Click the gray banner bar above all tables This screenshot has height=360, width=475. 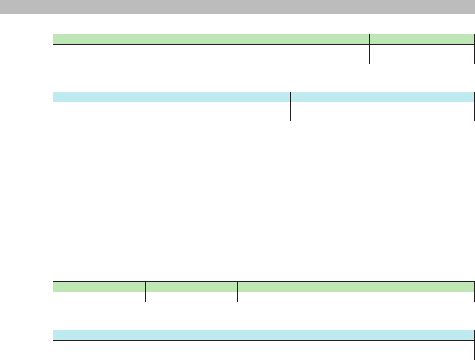(x=237, y=7)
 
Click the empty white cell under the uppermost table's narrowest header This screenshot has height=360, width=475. (x=79, y=54)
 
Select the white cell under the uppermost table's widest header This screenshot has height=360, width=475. (x=284, y=54)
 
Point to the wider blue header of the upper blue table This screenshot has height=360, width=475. (x=172, y=97)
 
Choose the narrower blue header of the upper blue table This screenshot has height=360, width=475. (x=379, y=97)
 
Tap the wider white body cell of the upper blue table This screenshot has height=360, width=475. (x=172, y=112)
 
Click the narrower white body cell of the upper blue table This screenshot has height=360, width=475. (x=379, y=112)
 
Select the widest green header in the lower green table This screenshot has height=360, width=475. (x=402, y=286)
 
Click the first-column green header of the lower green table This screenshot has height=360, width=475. (x=99, y=286)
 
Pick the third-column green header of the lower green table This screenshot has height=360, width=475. (x=284, y=286)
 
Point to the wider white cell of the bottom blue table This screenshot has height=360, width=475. (x=191, y=350)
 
